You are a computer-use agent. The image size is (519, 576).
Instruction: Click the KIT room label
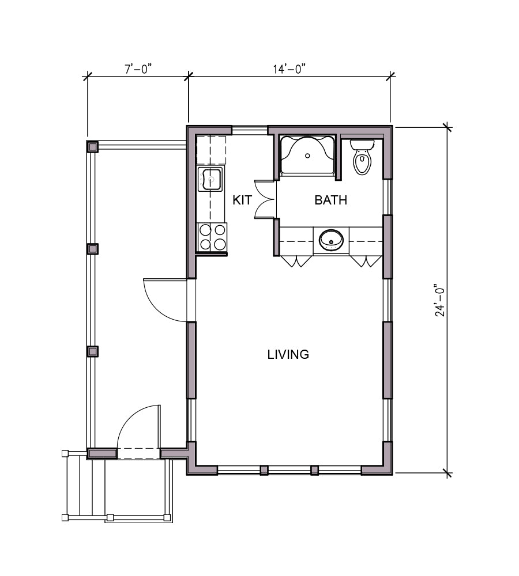pyautogui.click(x=242, y=200)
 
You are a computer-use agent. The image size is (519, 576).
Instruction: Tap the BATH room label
pyautogui.click(x=330, y=200)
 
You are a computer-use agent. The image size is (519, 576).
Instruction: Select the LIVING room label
pyautogui.click(x=288, y=354)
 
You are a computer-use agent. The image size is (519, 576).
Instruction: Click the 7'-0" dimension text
pyautogui.click(x=138, y=69)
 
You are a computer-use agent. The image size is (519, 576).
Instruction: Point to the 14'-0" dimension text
pyautogui.click(x=289, y=69)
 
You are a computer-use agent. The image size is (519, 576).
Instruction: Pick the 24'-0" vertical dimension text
pyautogui.click(x=440, y=300)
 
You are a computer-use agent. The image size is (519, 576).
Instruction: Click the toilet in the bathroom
pyautogui.click(x=362, y=157)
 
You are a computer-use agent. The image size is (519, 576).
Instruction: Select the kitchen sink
pyautogui.click(x=210, y=179)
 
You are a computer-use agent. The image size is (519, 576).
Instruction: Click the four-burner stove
pyautogui.click(x=212, y=237)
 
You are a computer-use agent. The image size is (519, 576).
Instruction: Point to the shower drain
pyautogui.click(x=307, y=156)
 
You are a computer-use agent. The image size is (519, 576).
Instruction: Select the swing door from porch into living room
pyautogui.click(x=166, y=300)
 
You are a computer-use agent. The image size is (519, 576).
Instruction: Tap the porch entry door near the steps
pyautogui.click(x=138, y=432)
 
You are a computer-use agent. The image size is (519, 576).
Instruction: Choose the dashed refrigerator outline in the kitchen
pyautogui.click(x=210, y=150)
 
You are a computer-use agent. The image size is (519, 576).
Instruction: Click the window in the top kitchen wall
pyautogui.click(x=250, y=130)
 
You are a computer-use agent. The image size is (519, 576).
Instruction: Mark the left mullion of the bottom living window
pyautogui.click(x=264, y=470)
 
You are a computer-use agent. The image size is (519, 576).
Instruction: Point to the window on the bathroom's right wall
pyautogui.click(x=388, y=197)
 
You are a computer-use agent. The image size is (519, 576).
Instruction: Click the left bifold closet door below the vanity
pyautogui.click(x=295, y=261)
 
